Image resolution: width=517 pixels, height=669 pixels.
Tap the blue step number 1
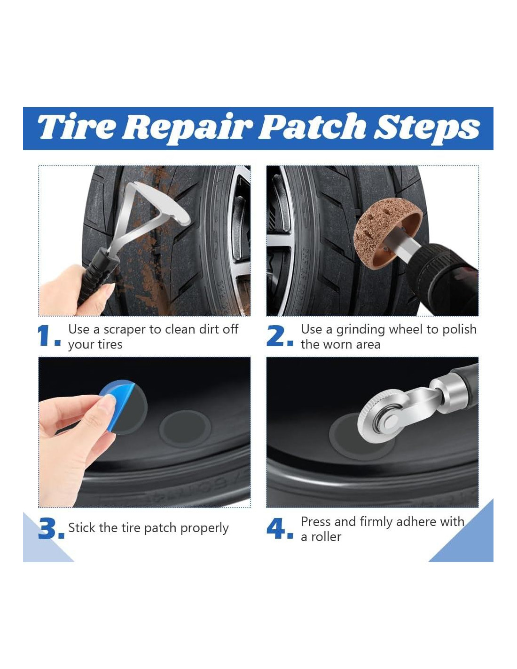pyautogui.click(x=48, y=336)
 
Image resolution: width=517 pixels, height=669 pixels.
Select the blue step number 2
pyautogui.click(x=279, y=336)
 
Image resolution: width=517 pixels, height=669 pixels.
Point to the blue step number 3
pyautogui.click(x=51, y=528)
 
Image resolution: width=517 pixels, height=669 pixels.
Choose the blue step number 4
pyautogui.click(x=279, y=528)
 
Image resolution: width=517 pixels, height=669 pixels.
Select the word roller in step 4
pyautogui.click(x=326, y=537)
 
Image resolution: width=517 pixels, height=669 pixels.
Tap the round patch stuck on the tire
pyautogui.click(x=185, y=429)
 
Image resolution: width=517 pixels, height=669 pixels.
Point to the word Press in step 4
pyautogui.click(x=316, y=522)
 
